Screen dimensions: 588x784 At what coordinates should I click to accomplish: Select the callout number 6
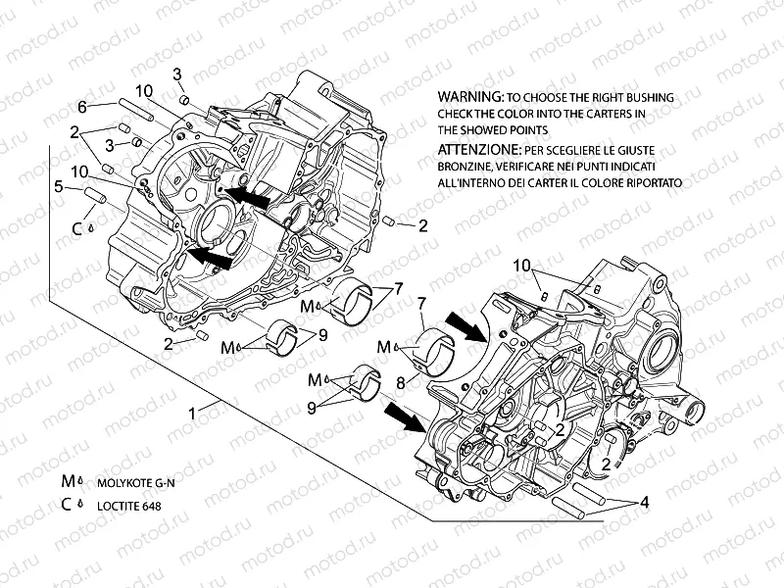[83, 106]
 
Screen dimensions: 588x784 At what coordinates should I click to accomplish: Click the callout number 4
[644, 503]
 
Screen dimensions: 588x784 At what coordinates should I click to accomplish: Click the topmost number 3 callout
[178, 74]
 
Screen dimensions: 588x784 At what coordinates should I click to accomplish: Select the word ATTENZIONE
[479, 152]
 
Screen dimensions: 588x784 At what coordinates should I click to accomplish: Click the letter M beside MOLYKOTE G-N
[69, 483]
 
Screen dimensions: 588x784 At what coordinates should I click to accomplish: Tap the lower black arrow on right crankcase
[404, 416]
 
